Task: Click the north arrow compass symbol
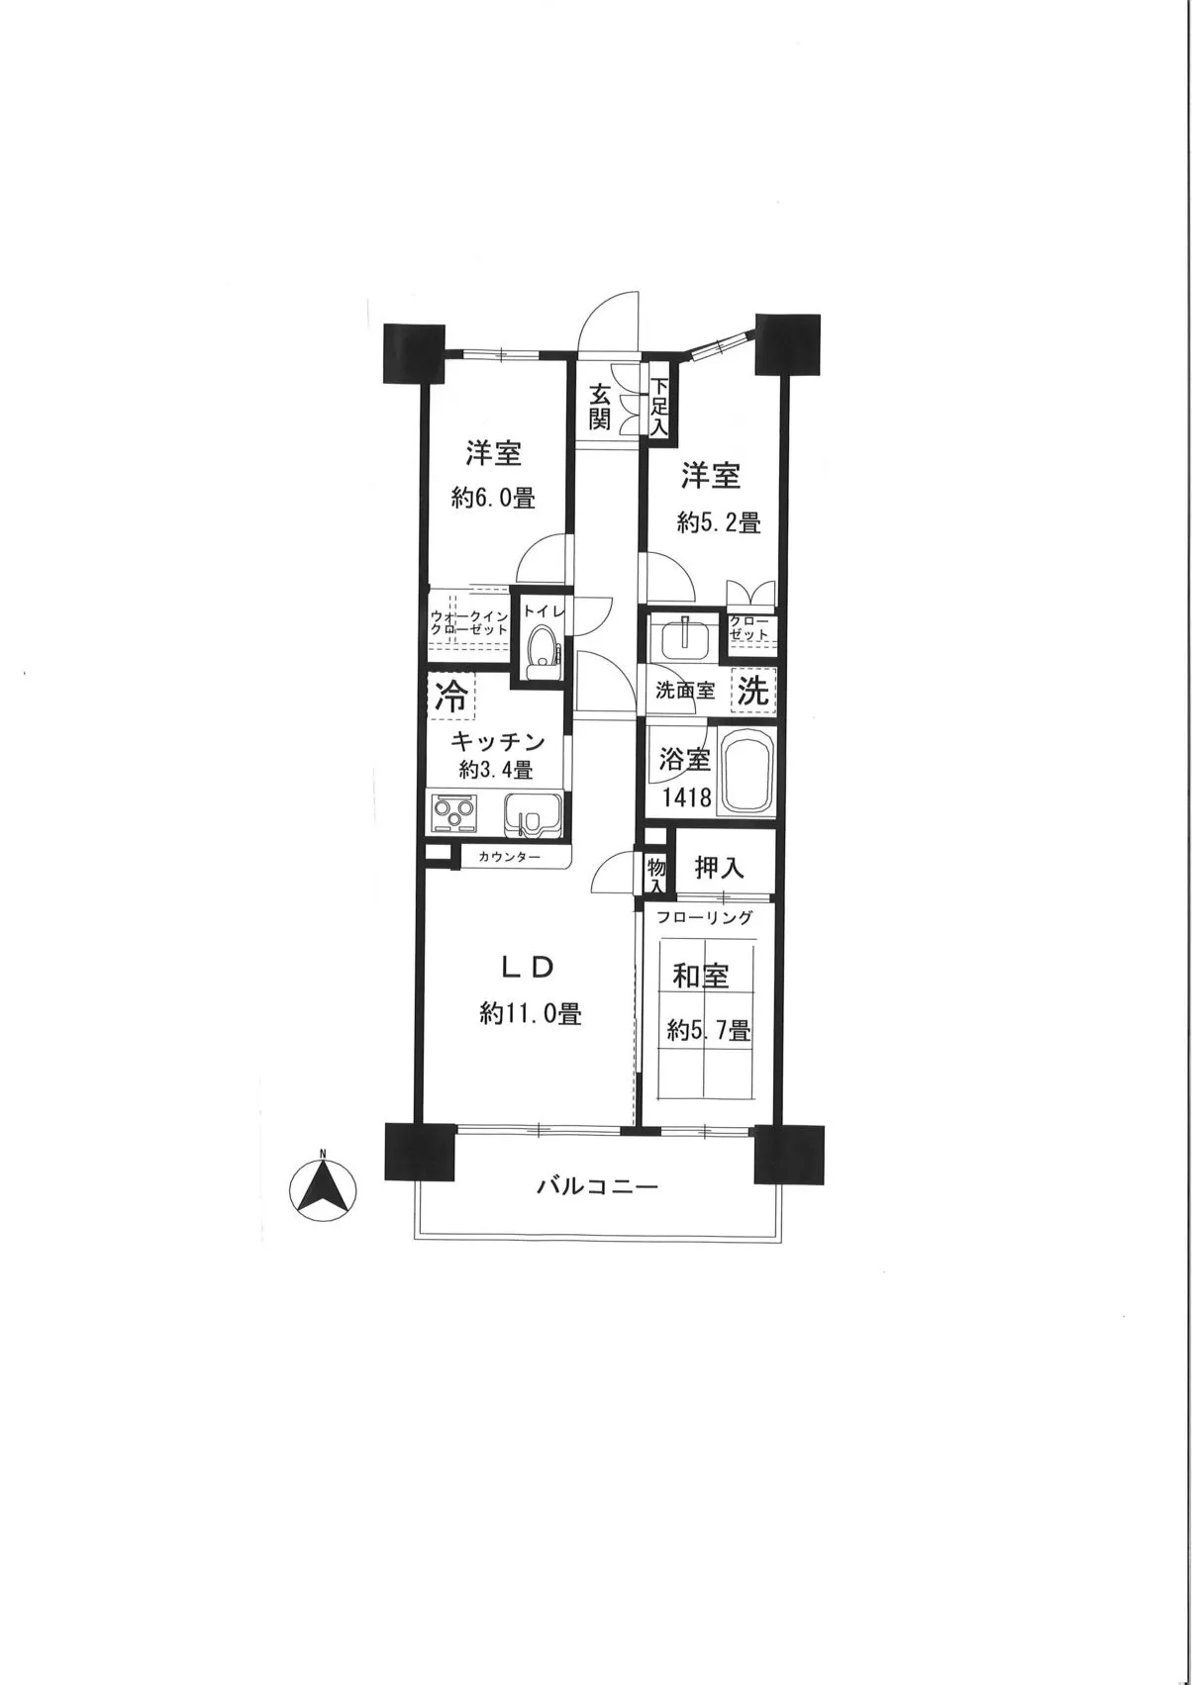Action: (x=323, y=1191)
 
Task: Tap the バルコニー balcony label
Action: (x=598, y=1187)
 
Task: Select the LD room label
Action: (x=529, y=969)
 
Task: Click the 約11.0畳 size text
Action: (x=531, y=1014)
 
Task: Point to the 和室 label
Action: (x=701, y=977)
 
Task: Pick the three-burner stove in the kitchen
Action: (x=454, y=813)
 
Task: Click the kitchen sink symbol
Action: (x=532, y=812)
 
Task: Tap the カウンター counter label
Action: (x=508, y=857)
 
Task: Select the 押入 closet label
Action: (x=719, y=868)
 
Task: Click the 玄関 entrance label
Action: (x=599, y=407)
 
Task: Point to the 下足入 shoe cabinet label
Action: (x=659, y=407)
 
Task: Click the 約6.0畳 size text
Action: (x=494, y=498)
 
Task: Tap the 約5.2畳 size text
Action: (x=719, y=522)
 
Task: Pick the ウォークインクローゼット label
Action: (x=468, y=623)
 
